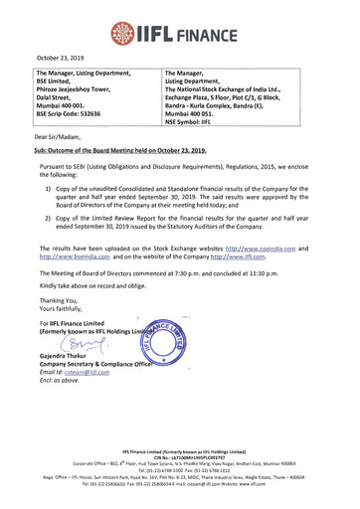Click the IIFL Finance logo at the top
point(179,20)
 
